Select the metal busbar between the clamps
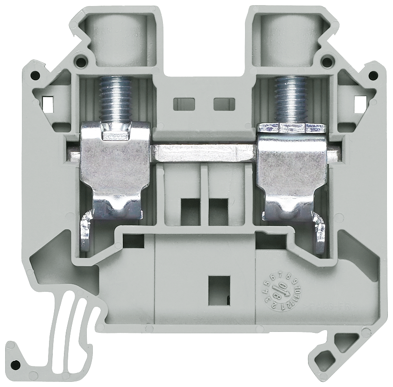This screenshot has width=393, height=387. pyautogui.click(x=204, y=153)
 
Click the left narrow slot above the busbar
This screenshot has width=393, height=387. pyautogui.click(x=183, y=104)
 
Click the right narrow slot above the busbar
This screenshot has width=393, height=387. pyautogui.click(x=224, y=104)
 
